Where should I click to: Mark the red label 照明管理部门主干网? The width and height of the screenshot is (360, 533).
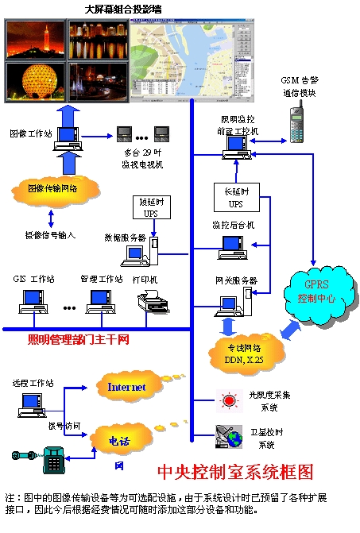[79, 341]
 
